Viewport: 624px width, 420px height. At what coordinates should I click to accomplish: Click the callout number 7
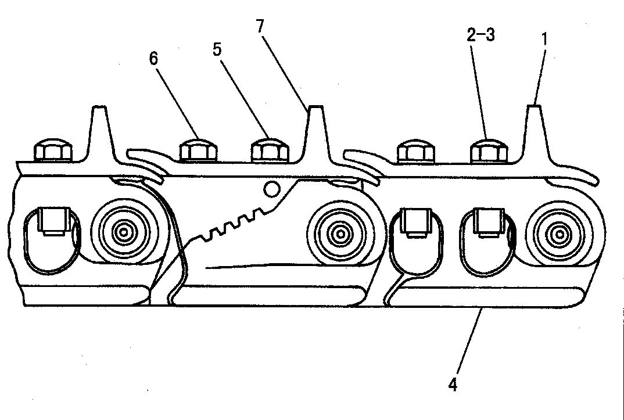(x=260, y=26)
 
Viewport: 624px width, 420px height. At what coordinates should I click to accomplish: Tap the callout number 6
(x=153, y=59)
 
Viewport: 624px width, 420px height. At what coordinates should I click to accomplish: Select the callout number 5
(x=217, y=50)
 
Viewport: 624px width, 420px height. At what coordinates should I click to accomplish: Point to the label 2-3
(x=480, y=35)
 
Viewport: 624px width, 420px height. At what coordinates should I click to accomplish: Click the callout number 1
(x=545, y=39)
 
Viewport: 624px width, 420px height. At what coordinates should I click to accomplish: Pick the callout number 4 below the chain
(x=453, y=385)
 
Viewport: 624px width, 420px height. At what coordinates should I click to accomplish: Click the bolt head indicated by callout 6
(x=198, y=150)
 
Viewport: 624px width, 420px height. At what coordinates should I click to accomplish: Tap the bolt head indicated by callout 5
(x=270, y=150)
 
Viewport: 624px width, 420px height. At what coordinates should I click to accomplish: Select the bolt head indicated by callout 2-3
(x=489, y=150)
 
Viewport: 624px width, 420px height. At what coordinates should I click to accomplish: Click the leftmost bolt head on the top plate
(x=53, y=150)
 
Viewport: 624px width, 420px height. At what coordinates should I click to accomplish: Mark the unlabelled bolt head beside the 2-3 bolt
(x=416, y=151)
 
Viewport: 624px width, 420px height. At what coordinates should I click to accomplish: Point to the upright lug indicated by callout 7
(x=317, y=133)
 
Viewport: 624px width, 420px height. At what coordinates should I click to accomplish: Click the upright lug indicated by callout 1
(x=535, y=133)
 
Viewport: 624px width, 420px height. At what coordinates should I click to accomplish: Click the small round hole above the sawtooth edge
(x=272, y=189)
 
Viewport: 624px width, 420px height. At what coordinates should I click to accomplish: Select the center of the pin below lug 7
(x=340, y=234)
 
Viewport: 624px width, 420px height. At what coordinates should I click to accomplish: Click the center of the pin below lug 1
(x=559, y=235)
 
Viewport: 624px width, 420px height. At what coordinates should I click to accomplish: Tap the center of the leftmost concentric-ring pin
(x=124, y=231)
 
